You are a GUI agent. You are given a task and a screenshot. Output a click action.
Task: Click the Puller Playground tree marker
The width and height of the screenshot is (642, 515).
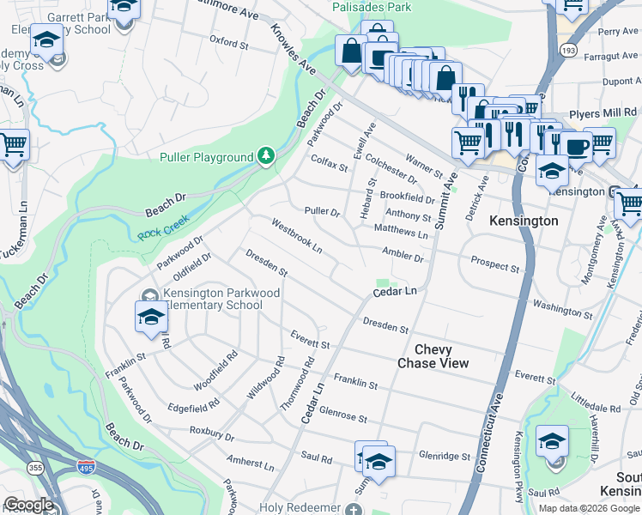tap(267, 156)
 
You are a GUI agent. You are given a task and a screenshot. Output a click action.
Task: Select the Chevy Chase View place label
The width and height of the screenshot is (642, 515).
tap(433, 356)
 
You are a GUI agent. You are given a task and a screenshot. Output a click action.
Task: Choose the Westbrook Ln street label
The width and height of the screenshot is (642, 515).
tap(296, 235)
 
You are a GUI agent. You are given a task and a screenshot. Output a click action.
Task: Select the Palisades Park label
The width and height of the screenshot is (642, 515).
tap(372, 7)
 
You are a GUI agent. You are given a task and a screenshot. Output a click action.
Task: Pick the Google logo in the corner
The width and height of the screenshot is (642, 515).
tap(28, 505)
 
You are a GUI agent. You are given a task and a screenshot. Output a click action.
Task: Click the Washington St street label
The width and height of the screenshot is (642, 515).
tap(558, 306)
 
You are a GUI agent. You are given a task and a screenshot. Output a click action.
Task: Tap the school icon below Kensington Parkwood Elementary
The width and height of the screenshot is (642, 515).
tap(151, 318)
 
